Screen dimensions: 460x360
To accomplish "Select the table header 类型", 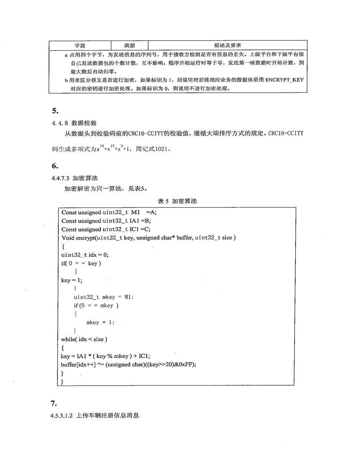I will coord(129,45).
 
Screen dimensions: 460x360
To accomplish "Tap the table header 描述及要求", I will coord(227,45).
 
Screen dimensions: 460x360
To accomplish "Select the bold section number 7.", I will coord(54,403).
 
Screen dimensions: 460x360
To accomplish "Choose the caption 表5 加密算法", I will coord(177,201).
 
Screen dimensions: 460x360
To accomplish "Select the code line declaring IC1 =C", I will coord(106,229).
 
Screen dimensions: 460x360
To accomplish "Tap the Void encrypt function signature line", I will coord(148,238).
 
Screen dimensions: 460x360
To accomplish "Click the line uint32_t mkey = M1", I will coord(104,297).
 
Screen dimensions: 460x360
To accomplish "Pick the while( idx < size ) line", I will coord(84,339).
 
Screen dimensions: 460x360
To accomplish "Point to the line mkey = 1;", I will coord(101,322).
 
